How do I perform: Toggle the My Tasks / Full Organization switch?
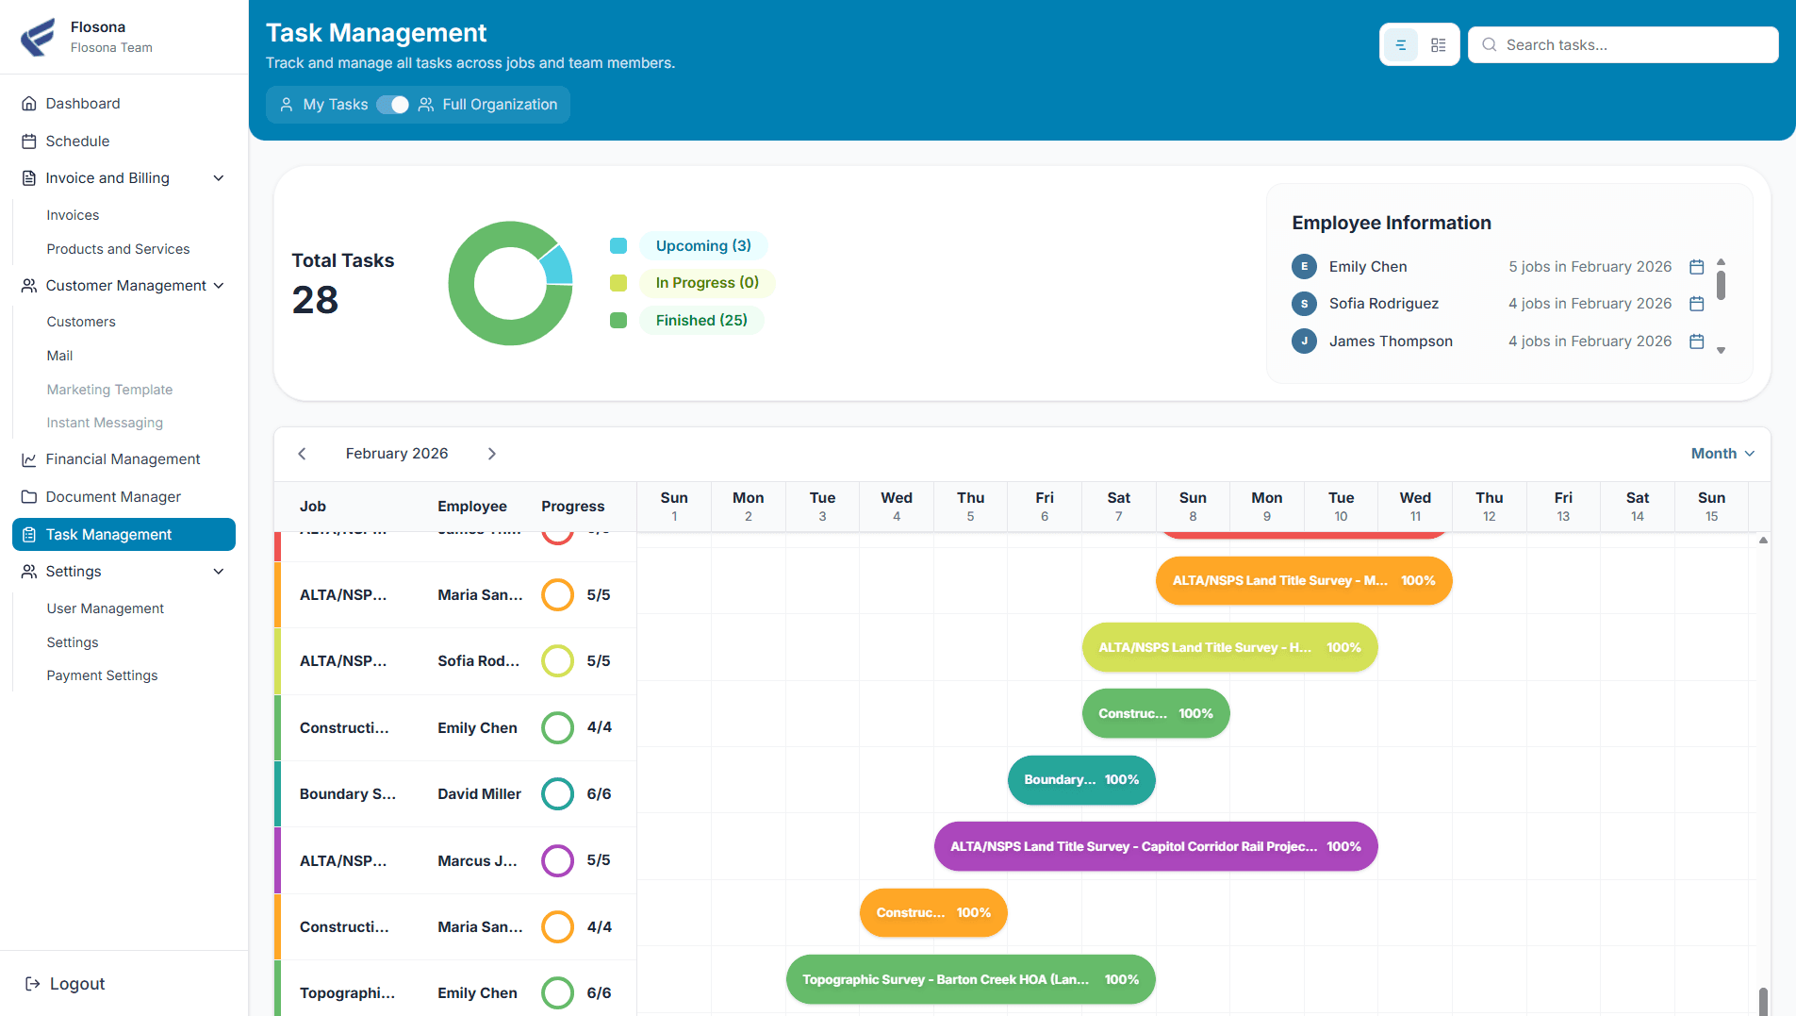(392, 105)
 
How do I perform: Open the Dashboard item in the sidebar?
(83, 104)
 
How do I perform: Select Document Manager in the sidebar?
(113, 497)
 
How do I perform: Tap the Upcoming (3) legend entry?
(702, 246)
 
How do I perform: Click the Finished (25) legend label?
(700, 321)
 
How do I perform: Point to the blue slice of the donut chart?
(556, 264)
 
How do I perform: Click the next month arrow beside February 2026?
(491, 454)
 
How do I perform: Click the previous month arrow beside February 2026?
(302, 454)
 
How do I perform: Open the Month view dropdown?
(1722, 454)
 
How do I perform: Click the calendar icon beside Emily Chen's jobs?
(1696, 267)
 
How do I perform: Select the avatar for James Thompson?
(1304, 341)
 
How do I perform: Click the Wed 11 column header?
(1414, 507)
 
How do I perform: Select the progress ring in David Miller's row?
(557, 794)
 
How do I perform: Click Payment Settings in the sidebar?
(102, 675)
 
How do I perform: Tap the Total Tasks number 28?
(315, 300)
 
